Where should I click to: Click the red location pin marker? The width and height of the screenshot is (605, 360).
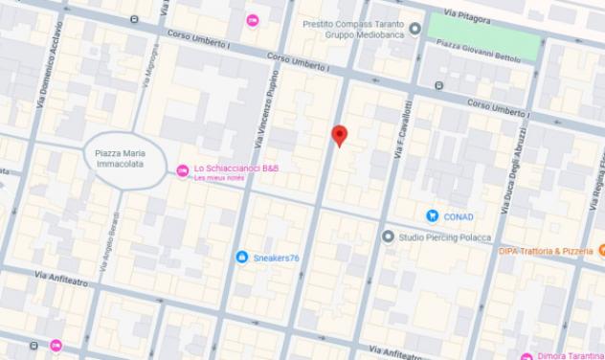click(338, 136)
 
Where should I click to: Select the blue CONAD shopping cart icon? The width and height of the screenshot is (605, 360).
click(433, 216)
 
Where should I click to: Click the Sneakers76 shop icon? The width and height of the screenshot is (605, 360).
click(241, 257)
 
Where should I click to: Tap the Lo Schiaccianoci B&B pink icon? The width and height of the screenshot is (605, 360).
click(183, 170)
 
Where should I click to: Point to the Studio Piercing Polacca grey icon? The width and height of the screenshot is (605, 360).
click(388, 236)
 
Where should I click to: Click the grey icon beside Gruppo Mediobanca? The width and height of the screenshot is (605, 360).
click(414, 30)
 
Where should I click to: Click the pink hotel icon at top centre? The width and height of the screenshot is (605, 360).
click(253, 20)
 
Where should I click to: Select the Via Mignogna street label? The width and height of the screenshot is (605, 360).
click(148, 70)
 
